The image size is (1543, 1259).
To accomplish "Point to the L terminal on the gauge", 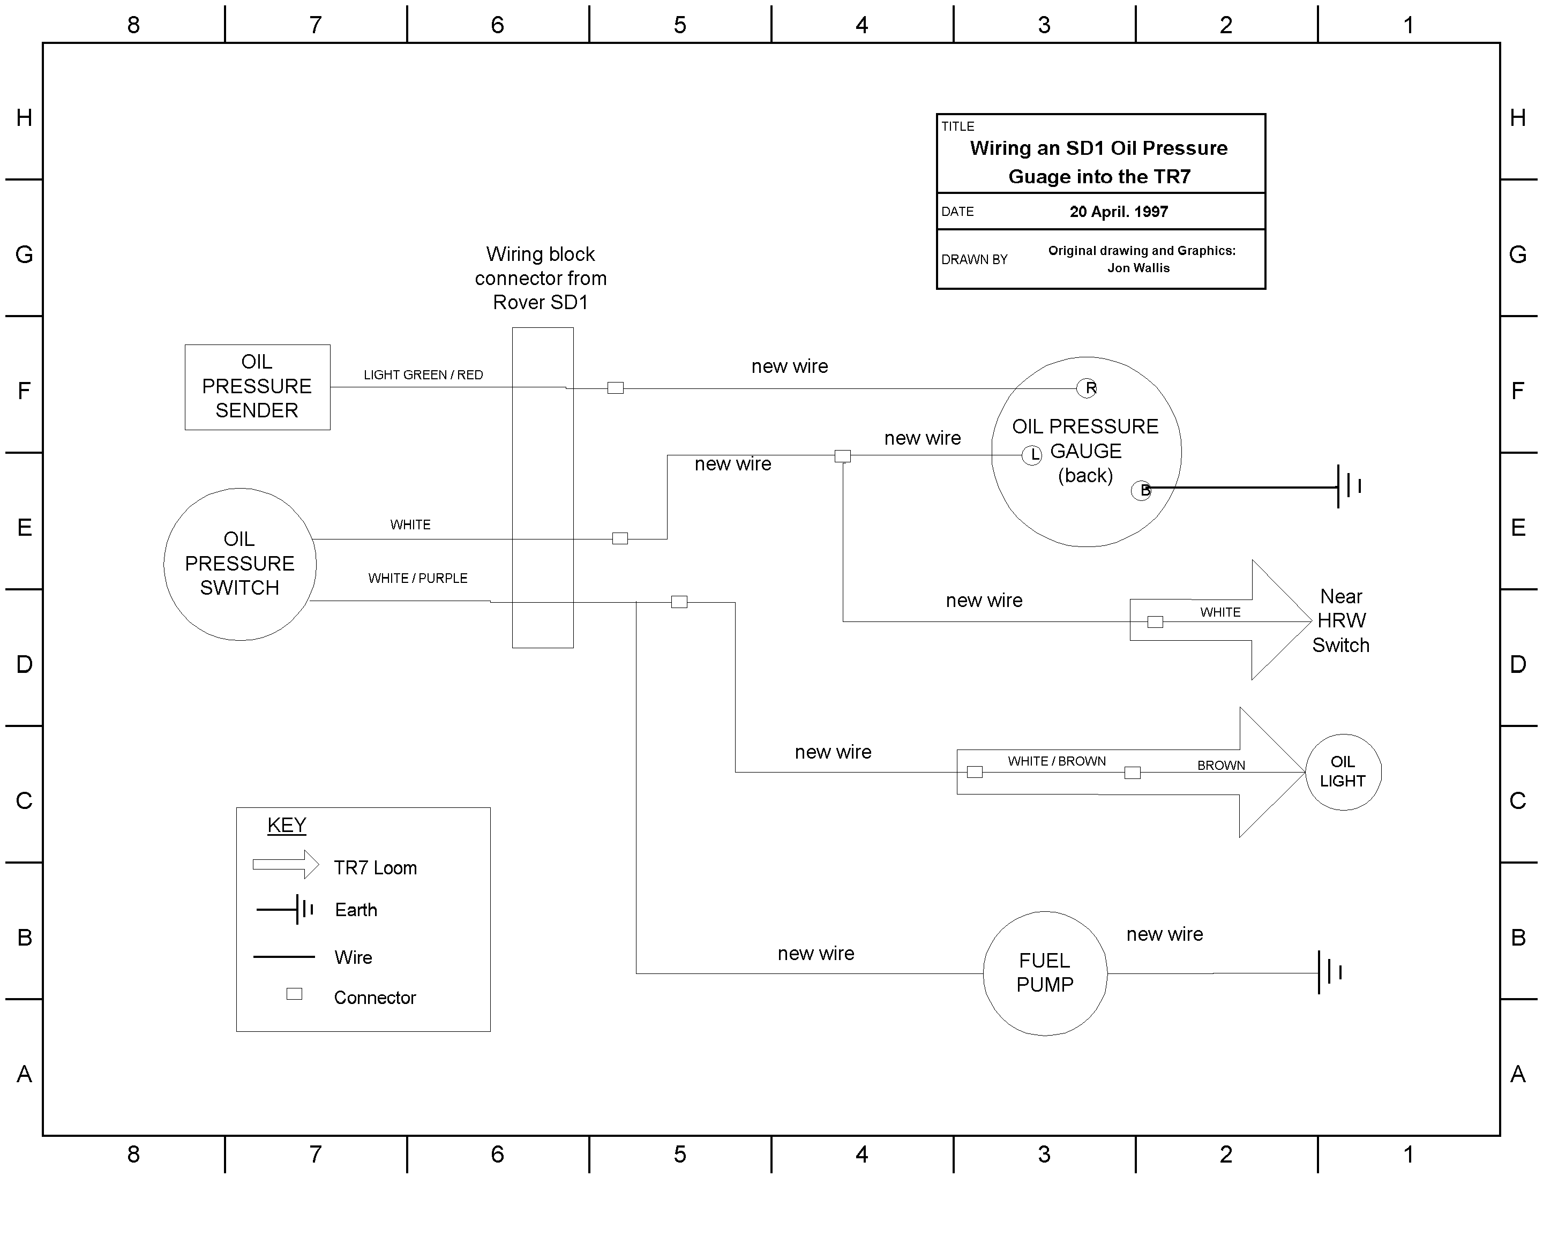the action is pyautogui.click(x=1032, y=455).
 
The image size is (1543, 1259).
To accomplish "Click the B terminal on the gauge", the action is pyautogui.click(x=1141, y=490).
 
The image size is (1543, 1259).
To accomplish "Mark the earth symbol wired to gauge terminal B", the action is pyautogui.click(x=1349, y=486).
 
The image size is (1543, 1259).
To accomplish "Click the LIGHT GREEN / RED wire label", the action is pyautogui.click(x=423, y=375).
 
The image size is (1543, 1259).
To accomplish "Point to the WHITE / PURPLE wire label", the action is pyautogui.click(x=418, y=578).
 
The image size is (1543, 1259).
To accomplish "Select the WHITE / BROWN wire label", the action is pyautogui.click(x=1057, y=761).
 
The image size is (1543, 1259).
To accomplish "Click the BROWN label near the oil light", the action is pyautogui.click(x=1221, y=765).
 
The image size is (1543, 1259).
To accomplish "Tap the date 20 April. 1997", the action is pyautogui.click(x=1119, y=212).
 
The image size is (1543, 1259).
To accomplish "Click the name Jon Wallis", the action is pyautogui.click(x=1138, y=268).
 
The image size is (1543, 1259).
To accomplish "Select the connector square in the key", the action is pyautogui.click(x=294, y=994).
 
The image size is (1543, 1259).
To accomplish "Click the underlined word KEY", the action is pyautogui.click(x=287, y=825).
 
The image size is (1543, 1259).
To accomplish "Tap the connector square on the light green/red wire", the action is pyautogui.click(x=616, y=388).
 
